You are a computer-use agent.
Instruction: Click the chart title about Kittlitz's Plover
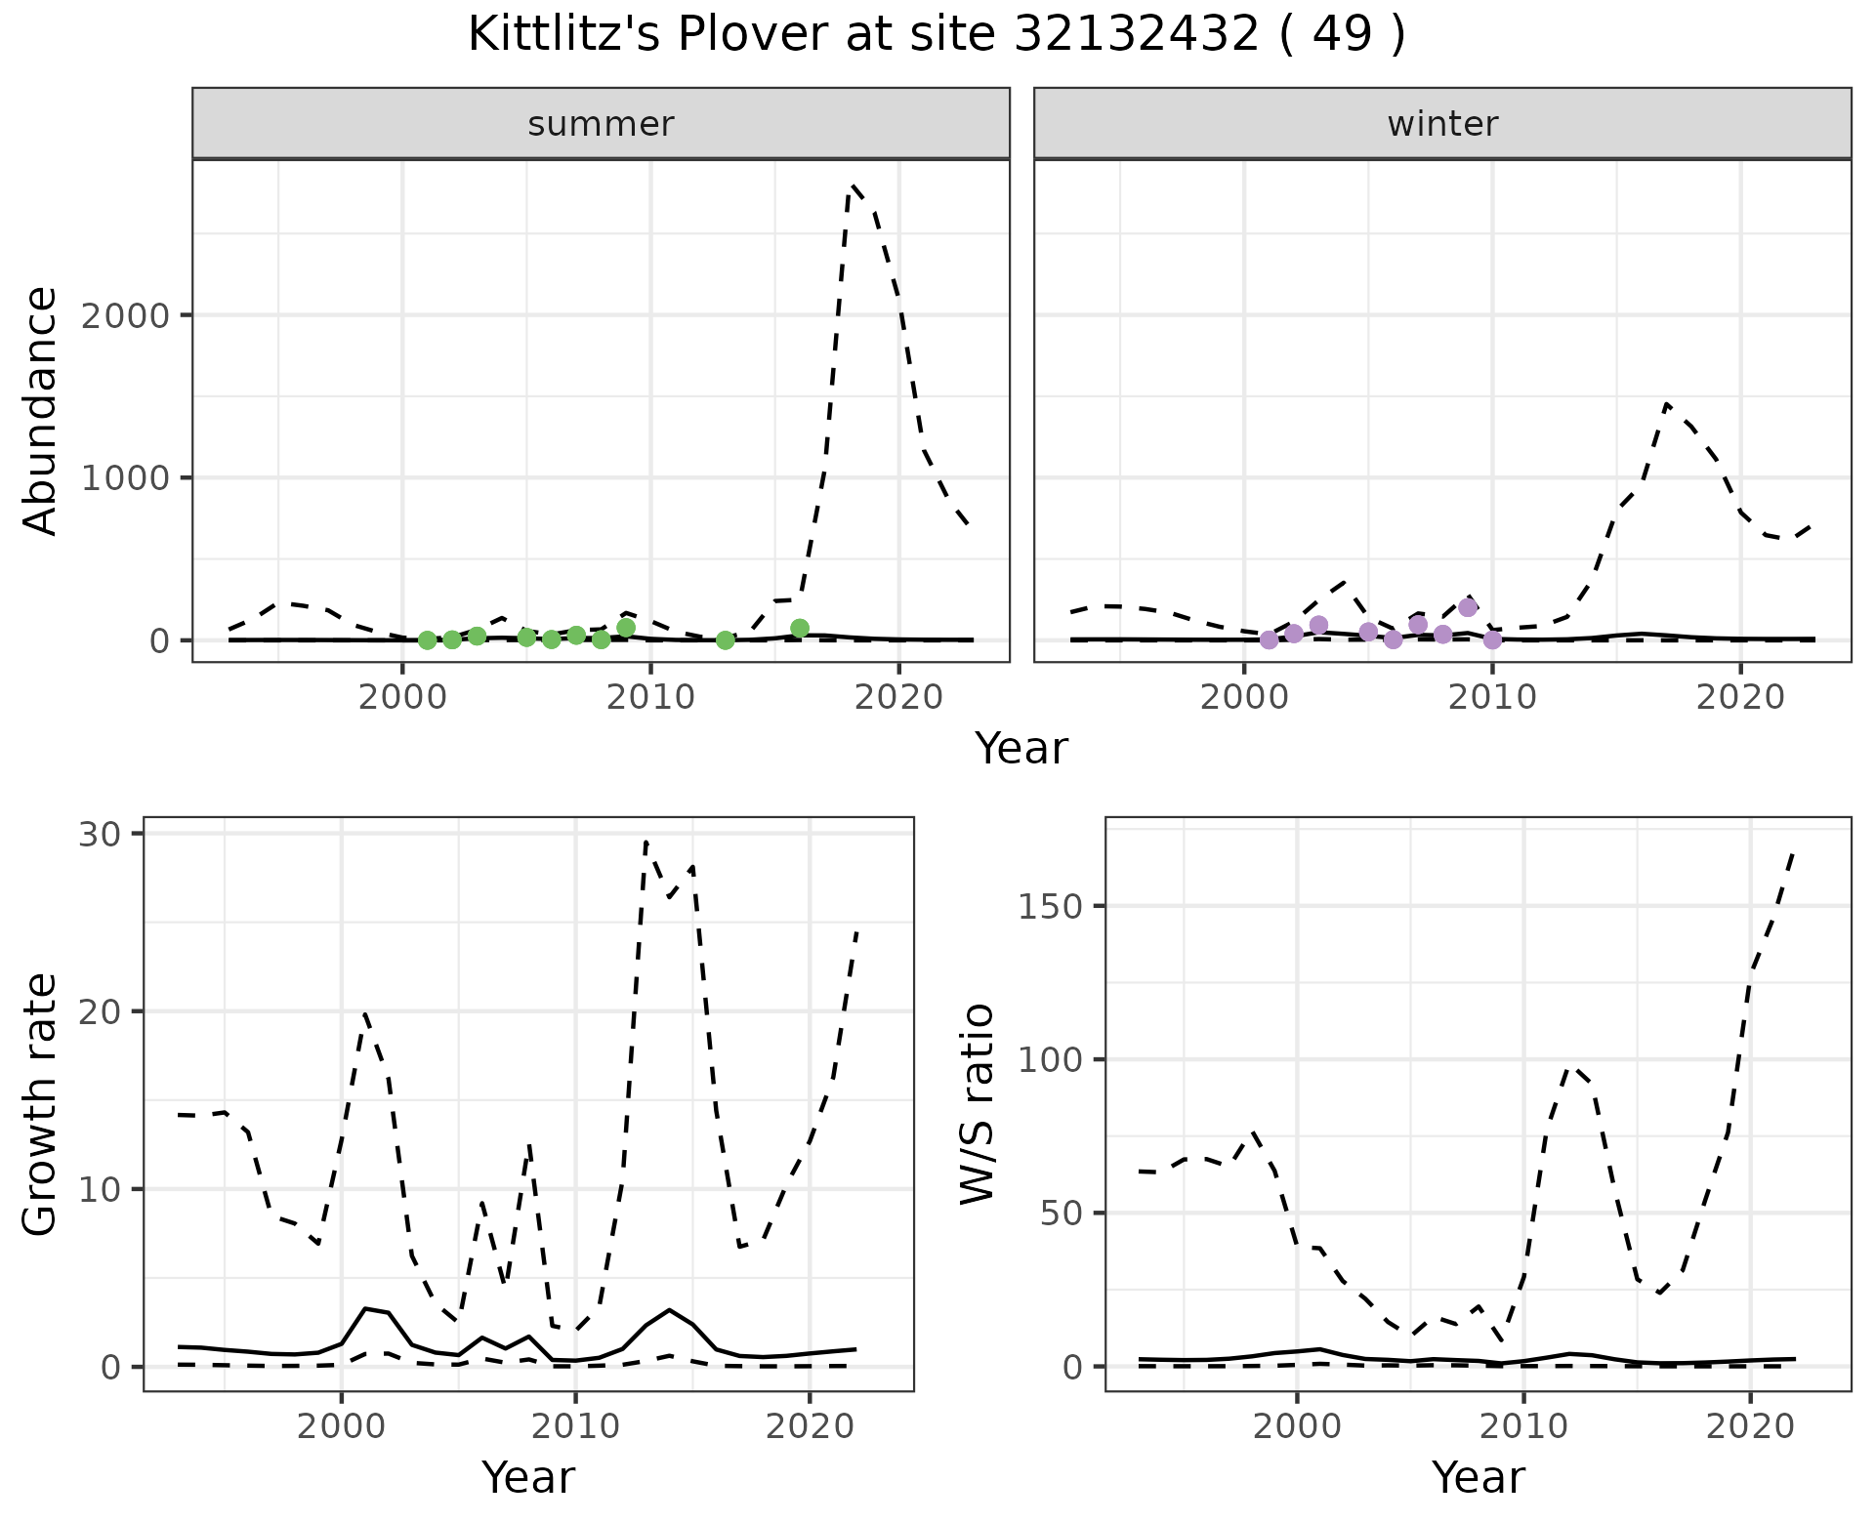point(937,35)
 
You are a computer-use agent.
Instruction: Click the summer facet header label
point(601,124)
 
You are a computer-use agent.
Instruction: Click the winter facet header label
point(1442,124)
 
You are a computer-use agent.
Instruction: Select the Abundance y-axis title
point(41,411)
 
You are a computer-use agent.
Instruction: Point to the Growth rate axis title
point(41,1105)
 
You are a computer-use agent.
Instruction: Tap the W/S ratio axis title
point(977,1105)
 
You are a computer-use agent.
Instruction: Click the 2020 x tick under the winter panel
point(1739,697)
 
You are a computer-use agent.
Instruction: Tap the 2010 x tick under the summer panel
point(650,697)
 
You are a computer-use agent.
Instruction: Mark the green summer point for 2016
point(800,628)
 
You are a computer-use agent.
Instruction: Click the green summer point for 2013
point(725,640)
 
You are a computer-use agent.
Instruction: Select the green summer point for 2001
point(427,640)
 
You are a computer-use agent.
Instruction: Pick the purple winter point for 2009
point(1468,607)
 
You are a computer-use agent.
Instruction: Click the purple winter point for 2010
point(1492,640)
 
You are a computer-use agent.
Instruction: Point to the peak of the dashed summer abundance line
point(854,185)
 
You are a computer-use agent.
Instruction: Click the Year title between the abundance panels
point(1021,749)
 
